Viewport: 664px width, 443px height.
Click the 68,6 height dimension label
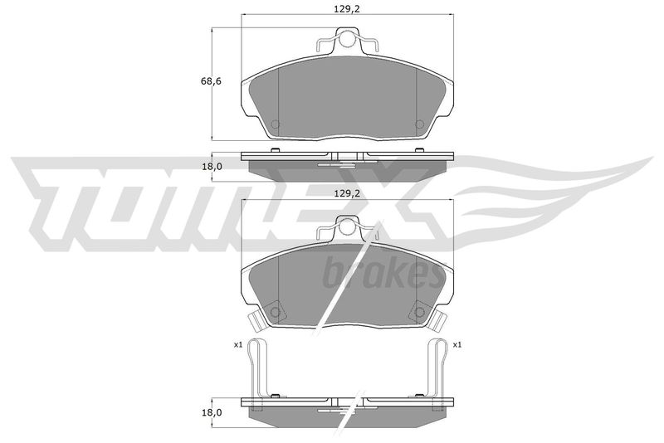pyautogui.click(x=211, y=80)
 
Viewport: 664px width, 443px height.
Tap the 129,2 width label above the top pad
pyautogui.click(x=347, y=9)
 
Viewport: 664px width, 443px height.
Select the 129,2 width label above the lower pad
pyautogui.click(x=347, y=193)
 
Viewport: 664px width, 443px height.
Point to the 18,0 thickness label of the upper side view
pyautogui.click(x=212, y=167)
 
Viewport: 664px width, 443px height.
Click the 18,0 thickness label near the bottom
pyautogui.click(x=212, y=412)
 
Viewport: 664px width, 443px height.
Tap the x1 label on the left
pyautogui.click(x=237, y=345)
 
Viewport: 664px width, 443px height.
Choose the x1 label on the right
pyautogui.click(x=457, y=345)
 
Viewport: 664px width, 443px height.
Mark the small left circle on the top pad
pyautogui.click(x=276, y=124)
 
